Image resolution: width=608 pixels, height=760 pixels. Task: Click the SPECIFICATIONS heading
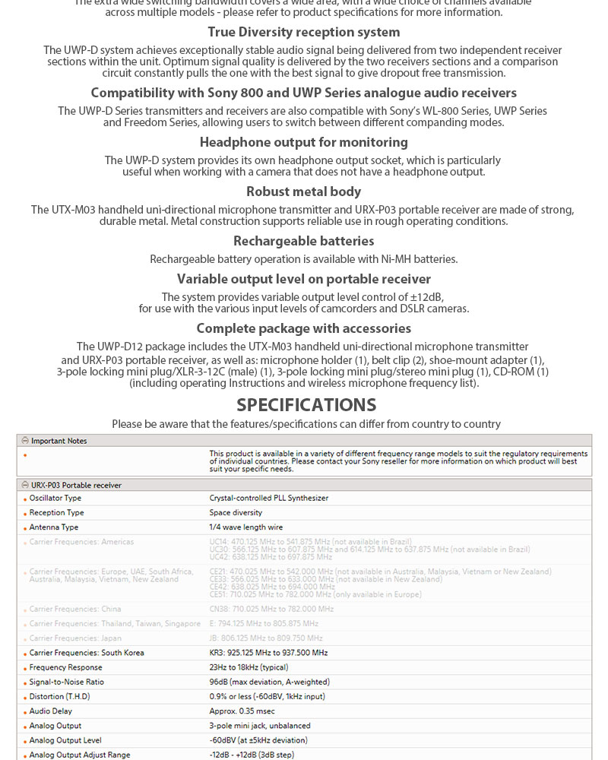(306, 404)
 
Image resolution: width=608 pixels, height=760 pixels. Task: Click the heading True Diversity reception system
(304, 32)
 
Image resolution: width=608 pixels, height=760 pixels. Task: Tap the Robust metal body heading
(303, 192)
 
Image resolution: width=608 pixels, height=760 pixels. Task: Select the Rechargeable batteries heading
(304, 241)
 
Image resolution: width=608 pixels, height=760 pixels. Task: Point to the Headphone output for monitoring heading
(303, 142)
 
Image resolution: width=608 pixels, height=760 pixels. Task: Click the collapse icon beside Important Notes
(25, 441)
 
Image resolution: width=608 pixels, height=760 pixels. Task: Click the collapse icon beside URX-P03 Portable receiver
(25, 485)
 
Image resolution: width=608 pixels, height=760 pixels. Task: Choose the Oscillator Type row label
(55, 499)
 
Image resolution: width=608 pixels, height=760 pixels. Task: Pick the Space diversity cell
(236, 513)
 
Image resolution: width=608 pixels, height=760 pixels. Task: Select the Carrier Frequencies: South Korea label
(87, 653)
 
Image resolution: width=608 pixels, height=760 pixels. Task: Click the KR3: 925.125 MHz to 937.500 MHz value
(268, 653)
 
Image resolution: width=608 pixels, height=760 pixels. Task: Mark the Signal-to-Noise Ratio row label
(67, 682)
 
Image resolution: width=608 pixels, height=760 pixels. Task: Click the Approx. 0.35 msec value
(242, 711)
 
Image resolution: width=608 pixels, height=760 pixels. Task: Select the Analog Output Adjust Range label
(80, 755)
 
